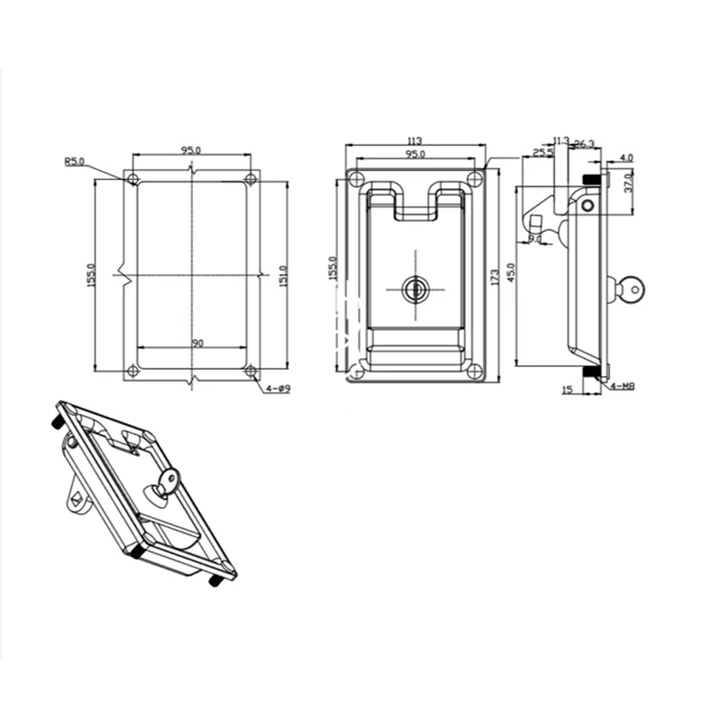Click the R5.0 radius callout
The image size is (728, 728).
(x=74, y=162)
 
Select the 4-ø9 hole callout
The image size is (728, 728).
(x=278, y=389)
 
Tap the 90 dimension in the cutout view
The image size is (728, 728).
(x=197, y=344)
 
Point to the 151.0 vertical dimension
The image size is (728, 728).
(x=283, y=276)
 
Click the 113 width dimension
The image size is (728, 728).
(x=415, y=141)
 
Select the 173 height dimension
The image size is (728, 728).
(x=495, y=277)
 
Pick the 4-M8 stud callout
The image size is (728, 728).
(x=622, y=386)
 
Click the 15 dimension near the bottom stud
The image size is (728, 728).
(x=567, y=390)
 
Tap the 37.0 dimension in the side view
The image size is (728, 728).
(x=628, y=182)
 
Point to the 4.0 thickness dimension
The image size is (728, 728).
(x=627, y=158)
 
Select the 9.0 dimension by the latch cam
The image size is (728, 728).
(x=535, y=238)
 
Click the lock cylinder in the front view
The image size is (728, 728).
(x=415, y=288)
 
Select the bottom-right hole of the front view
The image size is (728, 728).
(x=475, y=371)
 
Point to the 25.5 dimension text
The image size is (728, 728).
(x=543, y=152)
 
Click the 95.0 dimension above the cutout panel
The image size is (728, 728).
(x=191, y=150)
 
